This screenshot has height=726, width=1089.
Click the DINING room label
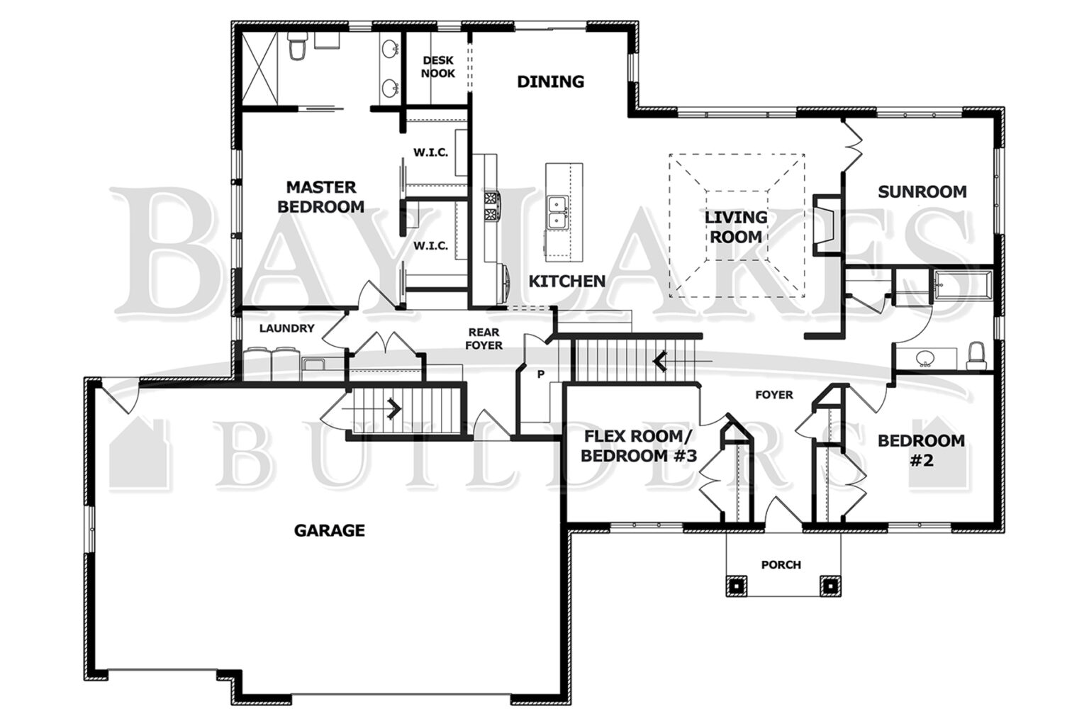tap(550, 82)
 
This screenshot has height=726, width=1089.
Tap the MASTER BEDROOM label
tap(320, 197)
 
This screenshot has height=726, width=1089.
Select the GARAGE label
tap(330, 530)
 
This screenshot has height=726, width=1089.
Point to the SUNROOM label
tap(922, 191)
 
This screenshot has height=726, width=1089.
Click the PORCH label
tap(781, 565)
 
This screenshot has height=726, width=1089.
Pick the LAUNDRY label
tap(286, 328)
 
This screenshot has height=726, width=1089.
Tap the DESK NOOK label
tap(438, 67)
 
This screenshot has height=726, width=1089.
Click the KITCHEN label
tap(567, 281)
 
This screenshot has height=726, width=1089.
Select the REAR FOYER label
tap(484, 339)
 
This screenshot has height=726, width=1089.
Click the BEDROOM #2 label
tap(921, 450)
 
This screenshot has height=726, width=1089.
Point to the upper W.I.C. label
tap(430, 152)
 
